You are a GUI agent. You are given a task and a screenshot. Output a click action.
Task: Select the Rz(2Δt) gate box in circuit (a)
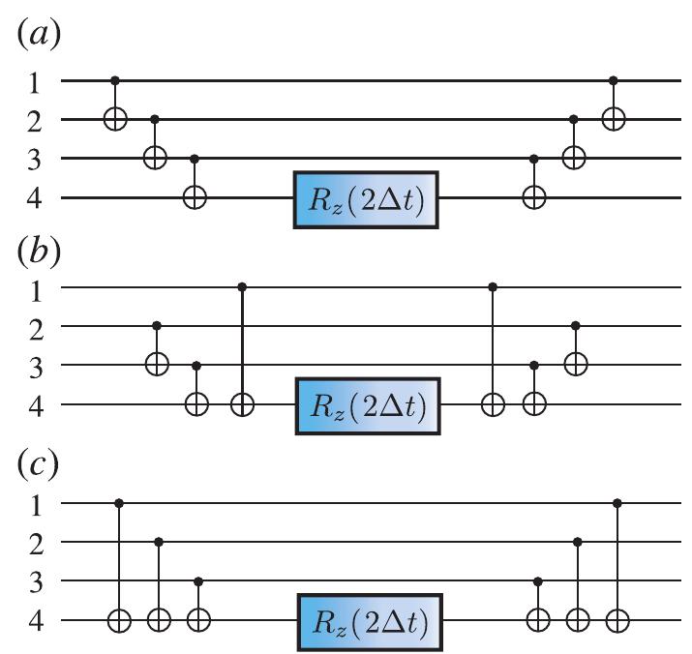point(367,199)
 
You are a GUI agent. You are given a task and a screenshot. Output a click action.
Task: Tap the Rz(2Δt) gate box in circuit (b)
point(367,405)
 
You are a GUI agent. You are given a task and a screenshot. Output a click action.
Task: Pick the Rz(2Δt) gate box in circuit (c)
point(367,620)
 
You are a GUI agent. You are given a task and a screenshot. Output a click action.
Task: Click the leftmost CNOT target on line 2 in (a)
point(116,120)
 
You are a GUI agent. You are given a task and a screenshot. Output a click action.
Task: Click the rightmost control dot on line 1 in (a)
point(614,80)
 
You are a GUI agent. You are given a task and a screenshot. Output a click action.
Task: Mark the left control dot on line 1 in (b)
point(242,286)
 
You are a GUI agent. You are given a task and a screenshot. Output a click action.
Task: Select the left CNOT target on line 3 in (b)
point(157,366)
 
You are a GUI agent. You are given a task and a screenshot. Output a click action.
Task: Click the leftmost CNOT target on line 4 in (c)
point(118,620)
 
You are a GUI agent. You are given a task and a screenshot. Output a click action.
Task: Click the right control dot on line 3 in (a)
point(533,158)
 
